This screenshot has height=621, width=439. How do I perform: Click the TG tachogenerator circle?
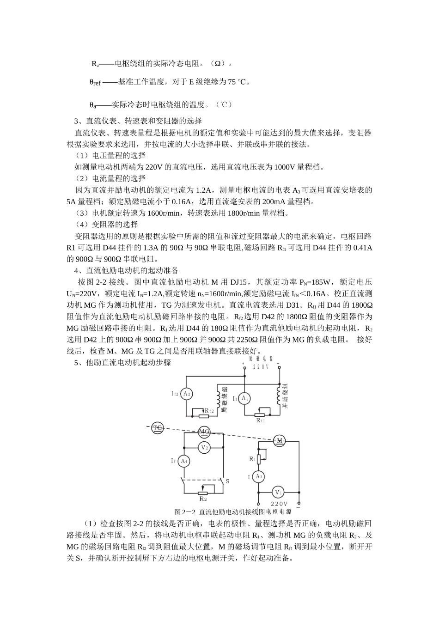click(158, 428)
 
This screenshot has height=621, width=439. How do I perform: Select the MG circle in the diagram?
click(204, 432)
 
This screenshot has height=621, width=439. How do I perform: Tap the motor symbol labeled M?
click(279, 441)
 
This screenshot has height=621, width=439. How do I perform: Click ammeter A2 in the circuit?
click(186, 394)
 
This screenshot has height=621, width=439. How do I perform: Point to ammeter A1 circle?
click(244, 398)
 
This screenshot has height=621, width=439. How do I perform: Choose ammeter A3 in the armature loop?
click(259, 477)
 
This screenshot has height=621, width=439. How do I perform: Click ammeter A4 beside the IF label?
click(184, 461)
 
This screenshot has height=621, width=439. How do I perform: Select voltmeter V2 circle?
click(204, 448)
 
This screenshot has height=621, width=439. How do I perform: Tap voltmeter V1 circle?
click(279, 492)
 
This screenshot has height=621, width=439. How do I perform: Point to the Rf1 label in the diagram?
click(261, 420)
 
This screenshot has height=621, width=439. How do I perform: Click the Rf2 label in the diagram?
click(209, 411)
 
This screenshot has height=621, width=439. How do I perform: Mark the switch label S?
click(227, 481)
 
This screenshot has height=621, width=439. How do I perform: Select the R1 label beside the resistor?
click(252, 459)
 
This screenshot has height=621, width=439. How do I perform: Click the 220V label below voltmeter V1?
click(279, 504)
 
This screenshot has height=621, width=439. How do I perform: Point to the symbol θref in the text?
click(95, 82)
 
